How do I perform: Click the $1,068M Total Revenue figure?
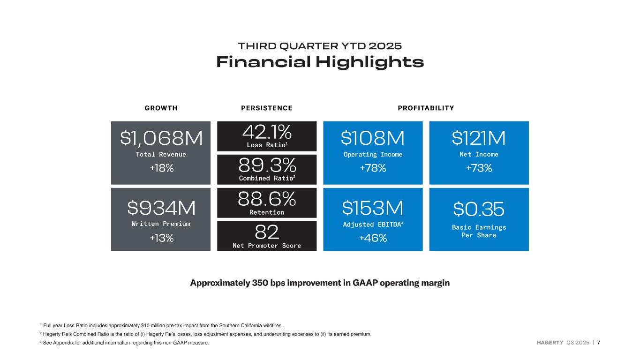click(161, 138)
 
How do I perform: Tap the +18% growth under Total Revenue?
click(161, 168)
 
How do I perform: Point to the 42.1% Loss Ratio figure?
click(266, 132)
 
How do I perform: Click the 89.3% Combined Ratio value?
click(267, 165)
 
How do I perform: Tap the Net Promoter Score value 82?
click(267, 232)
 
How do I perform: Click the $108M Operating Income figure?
click(373, 138)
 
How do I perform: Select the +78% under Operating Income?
click(373, 168)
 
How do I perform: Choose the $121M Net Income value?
click(479, 138)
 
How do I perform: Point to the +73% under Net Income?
click(479, 168)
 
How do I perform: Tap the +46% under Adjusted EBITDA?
click(373, 238)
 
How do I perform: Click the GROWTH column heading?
click(161, 108)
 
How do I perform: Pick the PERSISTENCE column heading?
click(267, 108)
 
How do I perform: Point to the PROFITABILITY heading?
click(426, 108)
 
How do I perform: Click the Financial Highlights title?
click(320, 62)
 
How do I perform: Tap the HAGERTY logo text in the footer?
click(550, 343)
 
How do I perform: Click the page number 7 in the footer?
click(598, 343)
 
